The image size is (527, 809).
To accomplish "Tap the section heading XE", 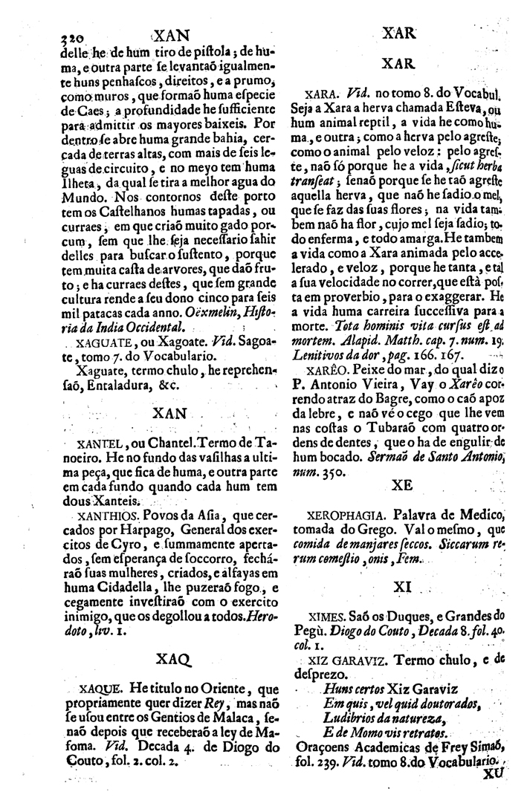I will pyautogui.click(x=401, y=484).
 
